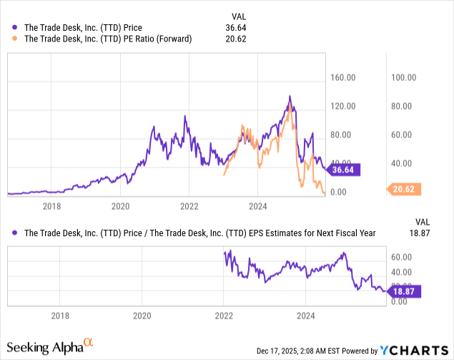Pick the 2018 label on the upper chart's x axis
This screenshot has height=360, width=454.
[51, 207]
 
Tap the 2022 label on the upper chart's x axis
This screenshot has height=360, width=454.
[189, 207]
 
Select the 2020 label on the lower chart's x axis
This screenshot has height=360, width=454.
[142, 315]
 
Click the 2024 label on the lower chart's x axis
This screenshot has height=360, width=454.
[306, 315]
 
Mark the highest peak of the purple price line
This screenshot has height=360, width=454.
[290, 96]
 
